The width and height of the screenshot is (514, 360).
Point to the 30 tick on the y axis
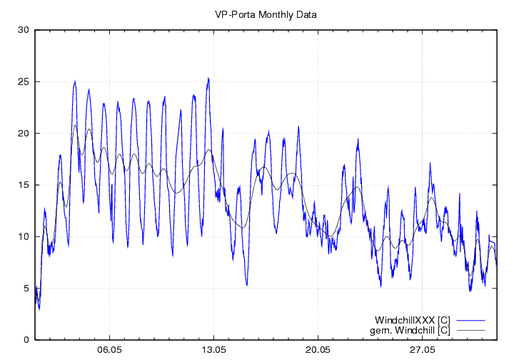(x=24, y=30)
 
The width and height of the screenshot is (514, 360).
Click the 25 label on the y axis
(x=24, y=81)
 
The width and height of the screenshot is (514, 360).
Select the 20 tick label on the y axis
(x=24, y=134)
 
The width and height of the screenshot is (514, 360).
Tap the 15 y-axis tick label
(x=24, y=185)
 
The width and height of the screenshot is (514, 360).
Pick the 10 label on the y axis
(x=24, y=236)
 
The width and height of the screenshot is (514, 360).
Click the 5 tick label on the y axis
(x=26, y=288)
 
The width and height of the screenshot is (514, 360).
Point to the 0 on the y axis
(x=26, y=340)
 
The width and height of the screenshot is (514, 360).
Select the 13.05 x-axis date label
(x=213, y=351)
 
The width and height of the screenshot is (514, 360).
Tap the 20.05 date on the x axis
(x=318, y=351)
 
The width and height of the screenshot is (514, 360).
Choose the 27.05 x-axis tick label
(x=422, y=351)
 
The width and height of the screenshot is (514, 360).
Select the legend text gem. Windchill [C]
(x=410, y=331)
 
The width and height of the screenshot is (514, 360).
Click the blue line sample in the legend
(x=469, y=319)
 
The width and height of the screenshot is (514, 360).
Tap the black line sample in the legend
(x=469, y=331)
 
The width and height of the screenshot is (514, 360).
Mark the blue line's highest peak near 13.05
(x=208, y=78)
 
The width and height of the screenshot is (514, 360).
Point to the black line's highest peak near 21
(x=75, y=126)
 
